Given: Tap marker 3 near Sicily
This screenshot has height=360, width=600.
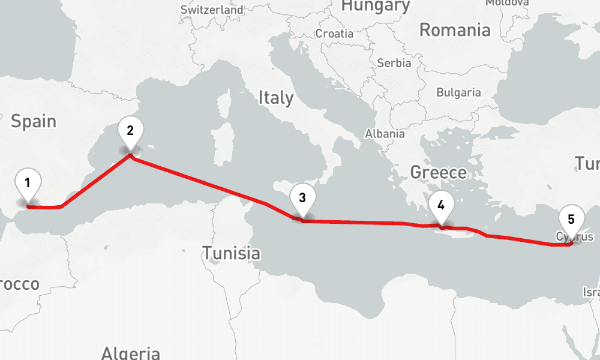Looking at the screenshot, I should tap(302, 199).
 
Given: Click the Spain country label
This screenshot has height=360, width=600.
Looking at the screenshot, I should tap(34, 122).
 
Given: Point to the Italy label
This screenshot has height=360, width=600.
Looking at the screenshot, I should tap(276, 98).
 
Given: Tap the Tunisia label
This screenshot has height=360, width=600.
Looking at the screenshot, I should tap(231, 253).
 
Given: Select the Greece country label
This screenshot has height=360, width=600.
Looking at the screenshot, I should tap(438, 173).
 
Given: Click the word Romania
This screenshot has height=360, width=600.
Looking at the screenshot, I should tap(455, 30).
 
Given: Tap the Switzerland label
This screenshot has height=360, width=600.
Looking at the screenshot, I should tap(212, 10).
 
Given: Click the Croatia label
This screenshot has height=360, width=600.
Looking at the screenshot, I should tap(334, 34).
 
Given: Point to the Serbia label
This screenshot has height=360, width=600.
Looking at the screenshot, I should tap(394, 63).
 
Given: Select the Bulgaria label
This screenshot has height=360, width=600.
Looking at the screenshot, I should tap(458, 92).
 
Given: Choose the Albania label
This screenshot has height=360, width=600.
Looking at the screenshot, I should tap(385, 134).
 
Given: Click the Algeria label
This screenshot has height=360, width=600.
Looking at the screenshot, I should tap(131, 353).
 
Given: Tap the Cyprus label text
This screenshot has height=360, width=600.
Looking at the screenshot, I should tap(575, 236).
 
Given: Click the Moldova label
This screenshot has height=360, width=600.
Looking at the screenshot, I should tap(507, 2).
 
